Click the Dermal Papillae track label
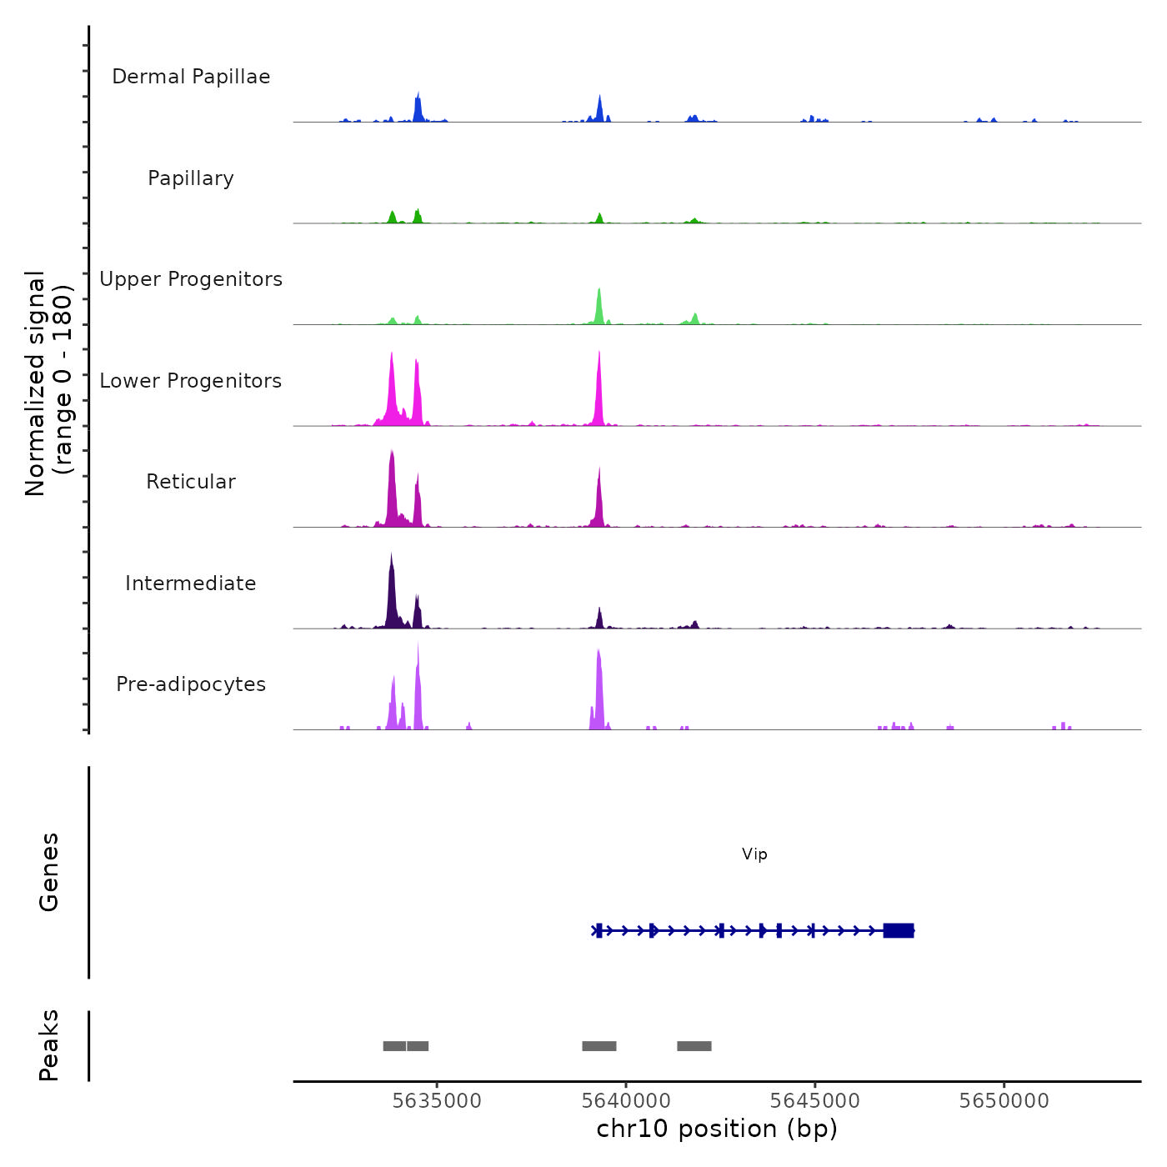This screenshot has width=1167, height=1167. [x=191, y=77]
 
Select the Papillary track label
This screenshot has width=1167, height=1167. [x=191, y=178]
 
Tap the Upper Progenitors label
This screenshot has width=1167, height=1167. [x=191, y=279]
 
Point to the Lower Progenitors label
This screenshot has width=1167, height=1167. [x=191, y=381]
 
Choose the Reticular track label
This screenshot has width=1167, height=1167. [x=191, y=482]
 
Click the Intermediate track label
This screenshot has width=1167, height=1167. [x=191, y=583]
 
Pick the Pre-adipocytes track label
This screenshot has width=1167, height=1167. [x=191, y=684]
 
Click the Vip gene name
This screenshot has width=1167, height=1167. [x=754, y=854]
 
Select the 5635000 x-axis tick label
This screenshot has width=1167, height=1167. [x=437, y=1100]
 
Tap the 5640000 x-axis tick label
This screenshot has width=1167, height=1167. [x=626, y=1100]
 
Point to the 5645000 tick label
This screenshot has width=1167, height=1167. [x=815, y=1100]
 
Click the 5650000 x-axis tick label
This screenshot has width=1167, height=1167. [x=1004, y=1100]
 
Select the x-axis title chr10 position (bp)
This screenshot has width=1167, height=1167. [x=717, y=1129]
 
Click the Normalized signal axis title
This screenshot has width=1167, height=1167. [x=48, y=383]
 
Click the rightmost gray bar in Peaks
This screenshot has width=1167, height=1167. [x=694, y=1046]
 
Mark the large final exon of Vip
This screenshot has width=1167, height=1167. [x=899, y=930]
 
